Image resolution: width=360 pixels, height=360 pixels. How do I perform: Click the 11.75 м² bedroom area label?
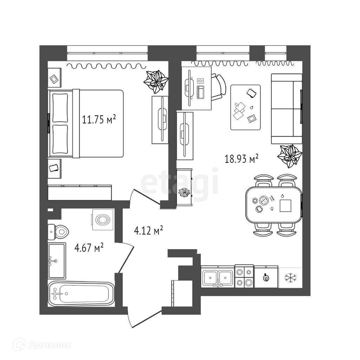click(x=99, y=120)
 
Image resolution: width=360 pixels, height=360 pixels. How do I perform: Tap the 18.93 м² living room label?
click(x=242, y=159)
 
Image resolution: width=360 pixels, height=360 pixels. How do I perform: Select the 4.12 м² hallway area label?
click(x=148, y=231)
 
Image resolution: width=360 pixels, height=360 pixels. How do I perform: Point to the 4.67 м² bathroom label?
click(x=89, y=248)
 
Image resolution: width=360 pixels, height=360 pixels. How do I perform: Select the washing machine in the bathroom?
click(x=103, y=220)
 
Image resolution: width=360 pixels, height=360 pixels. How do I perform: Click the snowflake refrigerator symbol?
click(x=290, y=278)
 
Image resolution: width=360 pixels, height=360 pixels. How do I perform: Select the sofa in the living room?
click(x=287, y=109)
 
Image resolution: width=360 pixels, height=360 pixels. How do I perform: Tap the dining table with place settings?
click(x=274, y=205)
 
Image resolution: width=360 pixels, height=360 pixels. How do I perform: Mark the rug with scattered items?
click(x=245, y=107)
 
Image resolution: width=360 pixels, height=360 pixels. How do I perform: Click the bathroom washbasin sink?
click(x=56, y=261)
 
